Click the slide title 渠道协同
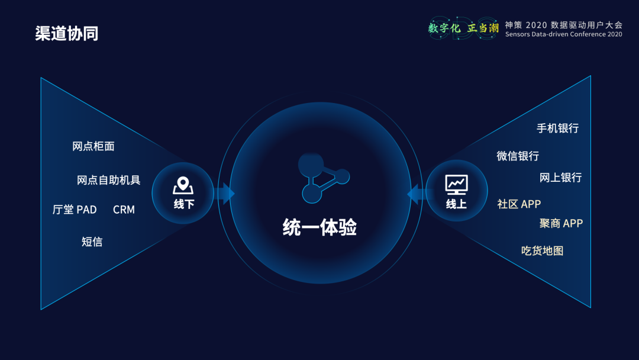[66, 33]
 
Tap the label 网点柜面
[93, 146]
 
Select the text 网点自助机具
[108, 180]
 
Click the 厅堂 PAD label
[75, 210]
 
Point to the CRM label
[124, 210]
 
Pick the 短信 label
[92, 242]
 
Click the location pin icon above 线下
[183, 185]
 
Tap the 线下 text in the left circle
[184, 204]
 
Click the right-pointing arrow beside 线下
[227, 193]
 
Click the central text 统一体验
[319, 227]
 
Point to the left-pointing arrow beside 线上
[416, 194]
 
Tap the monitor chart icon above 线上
[456, 185]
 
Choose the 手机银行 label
[557, 128]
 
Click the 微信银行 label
[518, 156]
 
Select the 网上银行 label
[560, 178]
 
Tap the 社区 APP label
[519, 204]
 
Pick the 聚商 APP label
[561, 223]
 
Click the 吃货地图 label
[543, 250]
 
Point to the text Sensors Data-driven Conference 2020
[564, 34]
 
